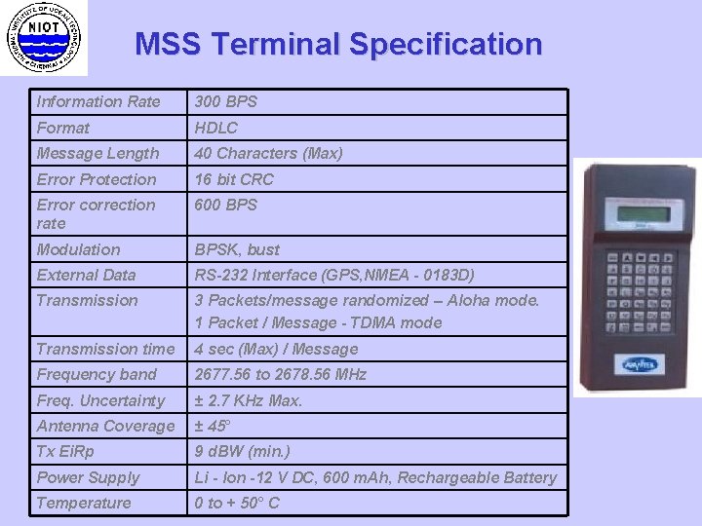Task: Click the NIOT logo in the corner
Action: [44, 38]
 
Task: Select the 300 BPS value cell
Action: [226, 101]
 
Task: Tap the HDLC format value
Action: [216, 128]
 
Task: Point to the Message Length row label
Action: [97, 153]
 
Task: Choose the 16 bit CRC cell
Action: [234, 179]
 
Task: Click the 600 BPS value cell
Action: [226, 205]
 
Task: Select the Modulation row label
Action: [79, 249]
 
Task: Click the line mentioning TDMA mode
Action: [318, 322]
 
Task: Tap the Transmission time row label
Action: [106, 349]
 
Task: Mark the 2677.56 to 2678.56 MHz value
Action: [281, 374]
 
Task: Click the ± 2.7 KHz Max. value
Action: [249, 400]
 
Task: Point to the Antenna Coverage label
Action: [105, 426]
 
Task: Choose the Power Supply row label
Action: [88, 477]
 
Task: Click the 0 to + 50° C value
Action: [237, 503]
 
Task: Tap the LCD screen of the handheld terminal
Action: [637, 214]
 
